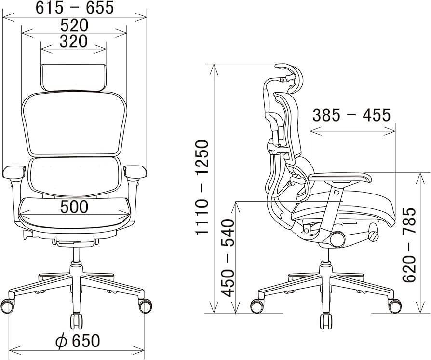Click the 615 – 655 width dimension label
75,8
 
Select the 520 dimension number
74,25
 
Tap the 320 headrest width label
74,42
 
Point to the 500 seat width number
74,207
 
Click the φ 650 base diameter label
77,341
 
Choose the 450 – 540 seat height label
228,258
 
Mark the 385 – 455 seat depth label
351,115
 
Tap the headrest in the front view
73,77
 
